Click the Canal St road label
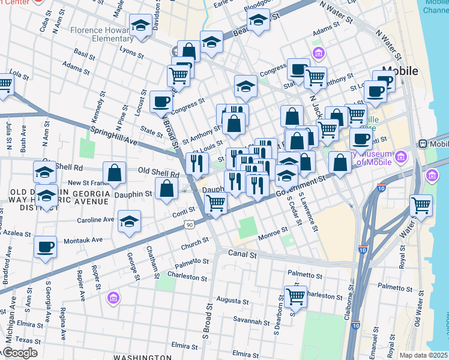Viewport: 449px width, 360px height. (241, 255)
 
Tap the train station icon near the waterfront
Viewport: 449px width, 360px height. (423, 144)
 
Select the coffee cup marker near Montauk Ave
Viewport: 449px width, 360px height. (45, 246)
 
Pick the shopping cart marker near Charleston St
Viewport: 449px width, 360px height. (295, 296)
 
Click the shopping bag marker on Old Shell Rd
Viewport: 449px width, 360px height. (114, 173)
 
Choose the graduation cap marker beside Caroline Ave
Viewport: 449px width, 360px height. (129, 221)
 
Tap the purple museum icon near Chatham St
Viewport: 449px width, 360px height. (113, 298)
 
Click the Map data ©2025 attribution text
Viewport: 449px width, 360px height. (423, 355)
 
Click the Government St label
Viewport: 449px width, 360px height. (303, 186)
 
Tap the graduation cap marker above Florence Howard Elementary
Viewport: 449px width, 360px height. (140, 26)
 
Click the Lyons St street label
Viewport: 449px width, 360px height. (133, 53)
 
